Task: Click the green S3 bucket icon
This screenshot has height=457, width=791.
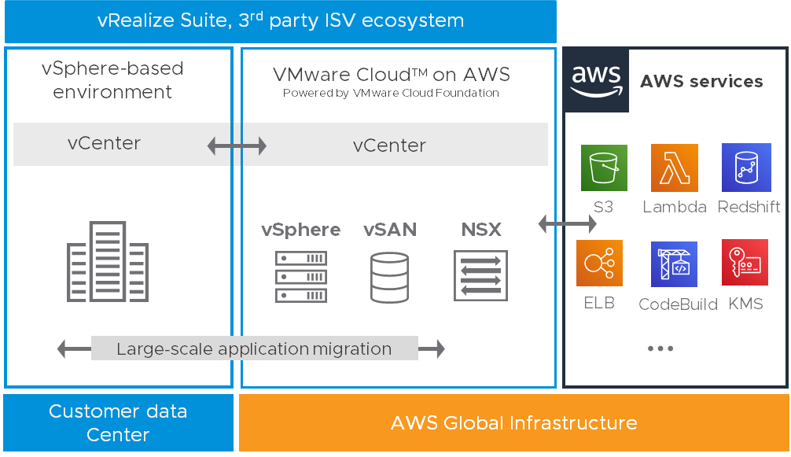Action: pos(604,168)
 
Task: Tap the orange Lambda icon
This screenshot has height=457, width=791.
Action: pos(675,168)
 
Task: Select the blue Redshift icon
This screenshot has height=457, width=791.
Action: pos(745,168)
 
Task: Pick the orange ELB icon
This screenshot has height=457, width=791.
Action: pos(599,264)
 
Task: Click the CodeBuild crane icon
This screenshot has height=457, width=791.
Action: pos(675,264)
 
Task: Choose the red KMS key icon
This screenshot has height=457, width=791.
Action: pos(745,264)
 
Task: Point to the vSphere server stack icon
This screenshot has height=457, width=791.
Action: pos(301,277)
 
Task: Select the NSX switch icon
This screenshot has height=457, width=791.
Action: pos(480,275)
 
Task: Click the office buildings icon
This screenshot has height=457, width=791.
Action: pos(108,262)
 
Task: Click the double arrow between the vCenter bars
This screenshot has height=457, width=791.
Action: pos(237,146)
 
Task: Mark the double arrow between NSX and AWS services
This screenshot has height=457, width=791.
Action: pos(565,224)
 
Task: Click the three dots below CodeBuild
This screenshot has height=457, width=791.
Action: pos(660,348)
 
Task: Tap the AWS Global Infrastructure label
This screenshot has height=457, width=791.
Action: pos(514,423)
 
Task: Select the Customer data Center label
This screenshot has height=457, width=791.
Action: pos(118,423)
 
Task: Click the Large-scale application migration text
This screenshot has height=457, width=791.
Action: pos(254,348)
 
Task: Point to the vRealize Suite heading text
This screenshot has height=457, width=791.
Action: pos(280,21)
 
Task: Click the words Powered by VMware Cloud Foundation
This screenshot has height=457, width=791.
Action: pos(391,93)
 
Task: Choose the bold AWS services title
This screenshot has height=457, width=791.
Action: pos(701,81)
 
